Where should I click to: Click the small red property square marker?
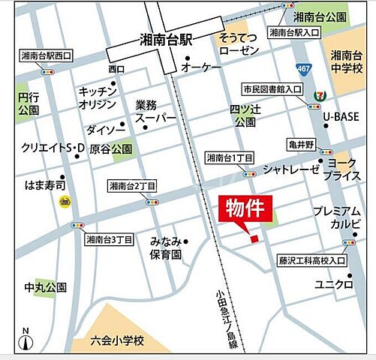(254, 238)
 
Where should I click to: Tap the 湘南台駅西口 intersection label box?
(47, 55)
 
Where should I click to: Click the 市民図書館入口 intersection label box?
(272, 89)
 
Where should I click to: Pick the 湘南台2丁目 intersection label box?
(131, 186)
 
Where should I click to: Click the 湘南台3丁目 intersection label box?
(109, 240)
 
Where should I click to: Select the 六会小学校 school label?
(116, 340)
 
